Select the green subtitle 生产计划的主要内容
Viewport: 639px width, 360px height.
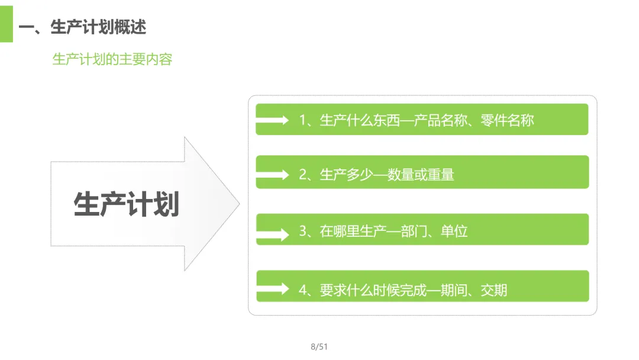[x=112, y=60]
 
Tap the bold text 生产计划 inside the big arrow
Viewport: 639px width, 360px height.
[x=126, y=204]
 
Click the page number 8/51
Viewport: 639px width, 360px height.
[x=319, y=347]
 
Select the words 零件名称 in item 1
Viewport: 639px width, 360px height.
[x=507, y=120]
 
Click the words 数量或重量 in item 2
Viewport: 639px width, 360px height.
[x=421, y=175]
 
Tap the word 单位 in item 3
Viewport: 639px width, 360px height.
[x=454, y=231]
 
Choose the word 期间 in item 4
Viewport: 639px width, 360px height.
[x=454, y=290]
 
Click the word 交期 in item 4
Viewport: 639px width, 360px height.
[x=494, y=290]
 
